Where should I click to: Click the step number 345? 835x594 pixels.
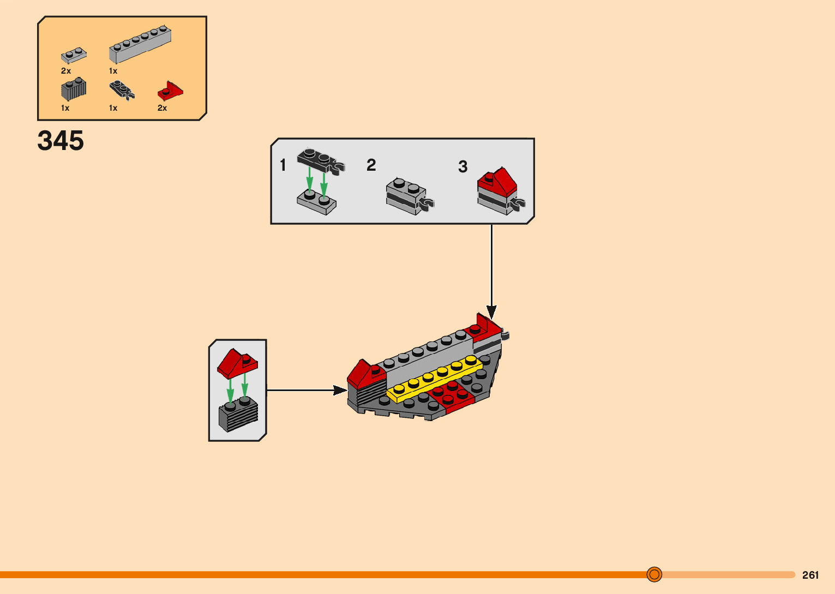coord(61,141)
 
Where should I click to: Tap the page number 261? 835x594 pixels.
coord(810,575)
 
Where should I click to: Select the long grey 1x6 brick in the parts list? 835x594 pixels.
coord(140,44)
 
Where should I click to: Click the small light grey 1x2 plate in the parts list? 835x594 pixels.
coord(74,55)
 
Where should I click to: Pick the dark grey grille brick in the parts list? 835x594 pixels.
coord(74,90)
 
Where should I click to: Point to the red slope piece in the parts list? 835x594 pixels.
coord(170,91)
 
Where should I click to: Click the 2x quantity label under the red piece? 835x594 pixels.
coord(162,108)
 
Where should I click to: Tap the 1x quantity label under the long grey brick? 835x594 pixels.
coord(113,71)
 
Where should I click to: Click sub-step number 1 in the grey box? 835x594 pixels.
coord(283,165)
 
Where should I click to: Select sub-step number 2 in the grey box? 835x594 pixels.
coord(371,165)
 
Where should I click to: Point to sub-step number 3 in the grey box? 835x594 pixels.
coord(462,166)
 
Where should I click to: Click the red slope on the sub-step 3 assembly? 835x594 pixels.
coord(497,181)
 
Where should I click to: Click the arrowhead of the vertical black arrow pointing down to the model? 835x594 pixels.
coord(491,312)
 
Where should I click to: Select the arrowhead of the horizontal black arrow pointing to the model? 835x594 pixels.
coord(340,390)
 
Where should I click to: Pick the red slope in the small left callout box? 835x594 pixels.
coord(237,363)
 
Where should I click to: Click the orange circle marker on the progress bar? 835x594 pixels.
coord(654,574)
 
